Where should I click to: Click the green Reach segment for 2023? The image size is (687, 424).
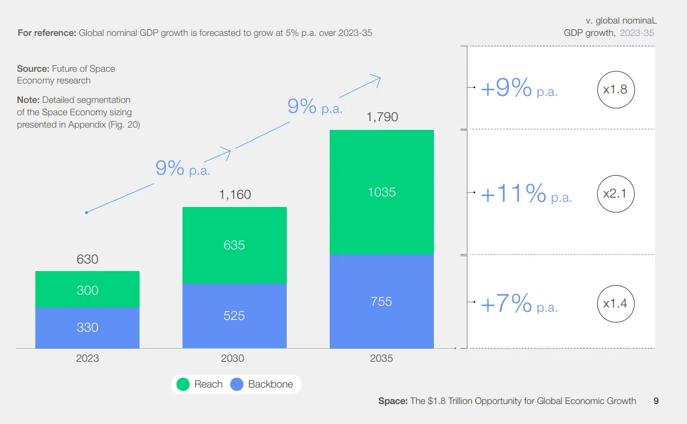tap(87, 289)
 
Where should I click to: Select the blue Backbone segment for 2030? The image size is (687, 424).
tap(234, 316)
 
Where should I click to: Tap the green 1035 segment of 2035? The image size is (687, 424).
tap(381, 192)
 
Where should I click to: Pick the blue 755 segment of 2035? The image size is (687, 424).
tap(381, 301)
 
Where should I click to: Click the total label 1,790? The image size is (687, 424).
tap(382, 117)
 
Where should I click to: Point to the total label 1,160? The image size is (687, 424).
tap(235, 194)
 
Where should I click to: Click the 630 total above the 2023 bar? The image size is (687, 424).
tap(87, 259)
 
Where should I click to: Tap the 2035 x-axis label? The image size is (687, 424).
tap(381, 358)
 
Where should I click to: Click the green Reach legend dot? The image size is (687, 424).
tap(184, 385)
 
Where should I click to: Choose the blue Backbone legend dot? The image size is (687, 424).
tap(237, 385)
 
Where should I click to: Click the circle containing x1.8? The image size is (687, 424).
tap(616, 90)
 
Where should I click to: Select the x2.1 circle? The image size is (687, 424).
tap(616, 193)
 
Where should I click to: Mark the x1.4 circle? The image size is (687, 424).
tap(616, 304)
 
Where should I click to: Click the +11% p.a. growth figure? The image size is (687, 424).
tap(526, 193)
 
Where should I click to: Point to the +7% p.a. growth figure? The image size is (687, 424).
tap(519, 304)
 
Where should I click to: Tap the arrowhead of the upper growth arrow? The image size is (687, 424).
tap(377, 78)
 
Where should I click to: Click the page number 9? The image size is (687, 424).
tap(656, 401)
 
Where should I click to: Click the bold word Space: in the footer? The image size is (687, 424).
tap(393, 401)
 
